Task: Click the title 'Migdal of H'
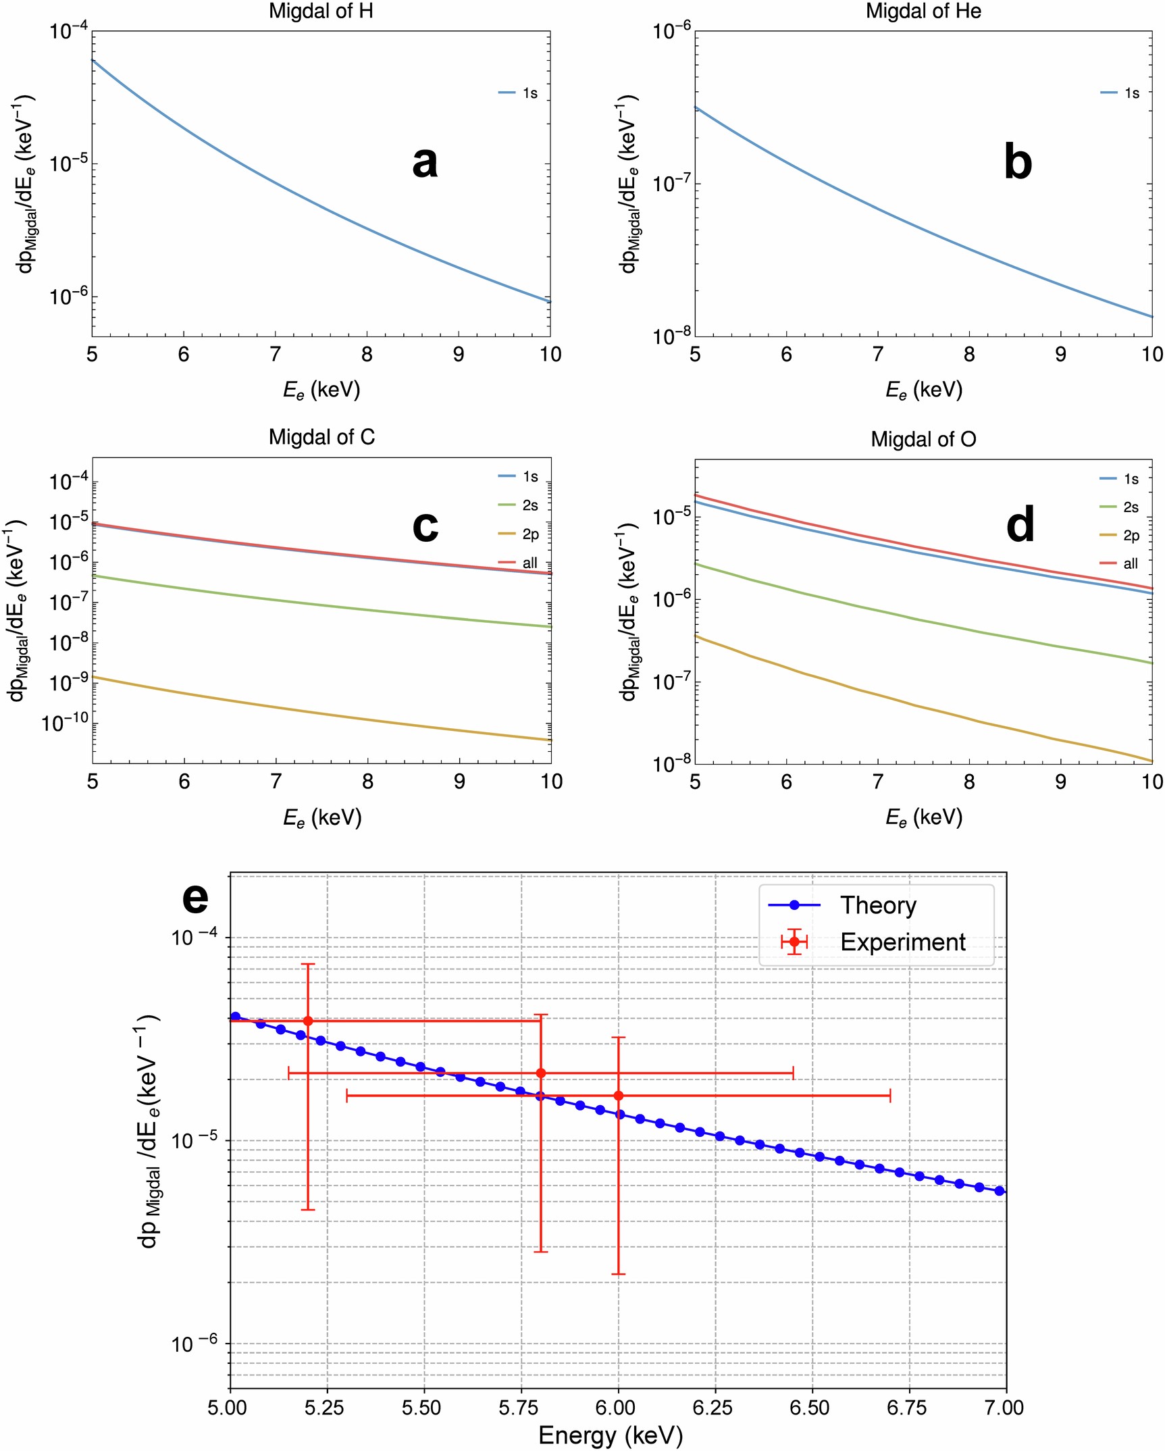[x=321, y=11]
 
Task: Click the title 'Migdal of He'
[x=923, y=11]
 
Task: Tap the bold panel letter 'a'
[x=425, y=163]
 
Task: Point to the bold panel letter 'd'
[x=1020, y=524]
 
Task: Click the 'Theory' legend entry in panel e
[x=878, y=905]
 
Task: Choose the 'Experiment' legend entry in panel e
[x=902, y=942]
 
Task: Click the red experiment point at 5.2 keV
[x=308, y=1021]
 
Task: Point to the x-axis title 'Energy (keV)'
[x=610, y=1435]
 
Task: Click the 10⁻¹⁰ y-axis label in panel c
[x=66, y=723]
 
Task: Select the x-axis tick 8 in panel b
[x=969, y=355]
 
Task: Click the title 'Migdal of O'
[x=923, y=440]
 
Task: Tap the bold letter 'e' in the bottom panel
[x=195, y=898]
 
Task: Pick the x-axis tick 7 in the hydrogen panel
[x=275, y=355]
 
